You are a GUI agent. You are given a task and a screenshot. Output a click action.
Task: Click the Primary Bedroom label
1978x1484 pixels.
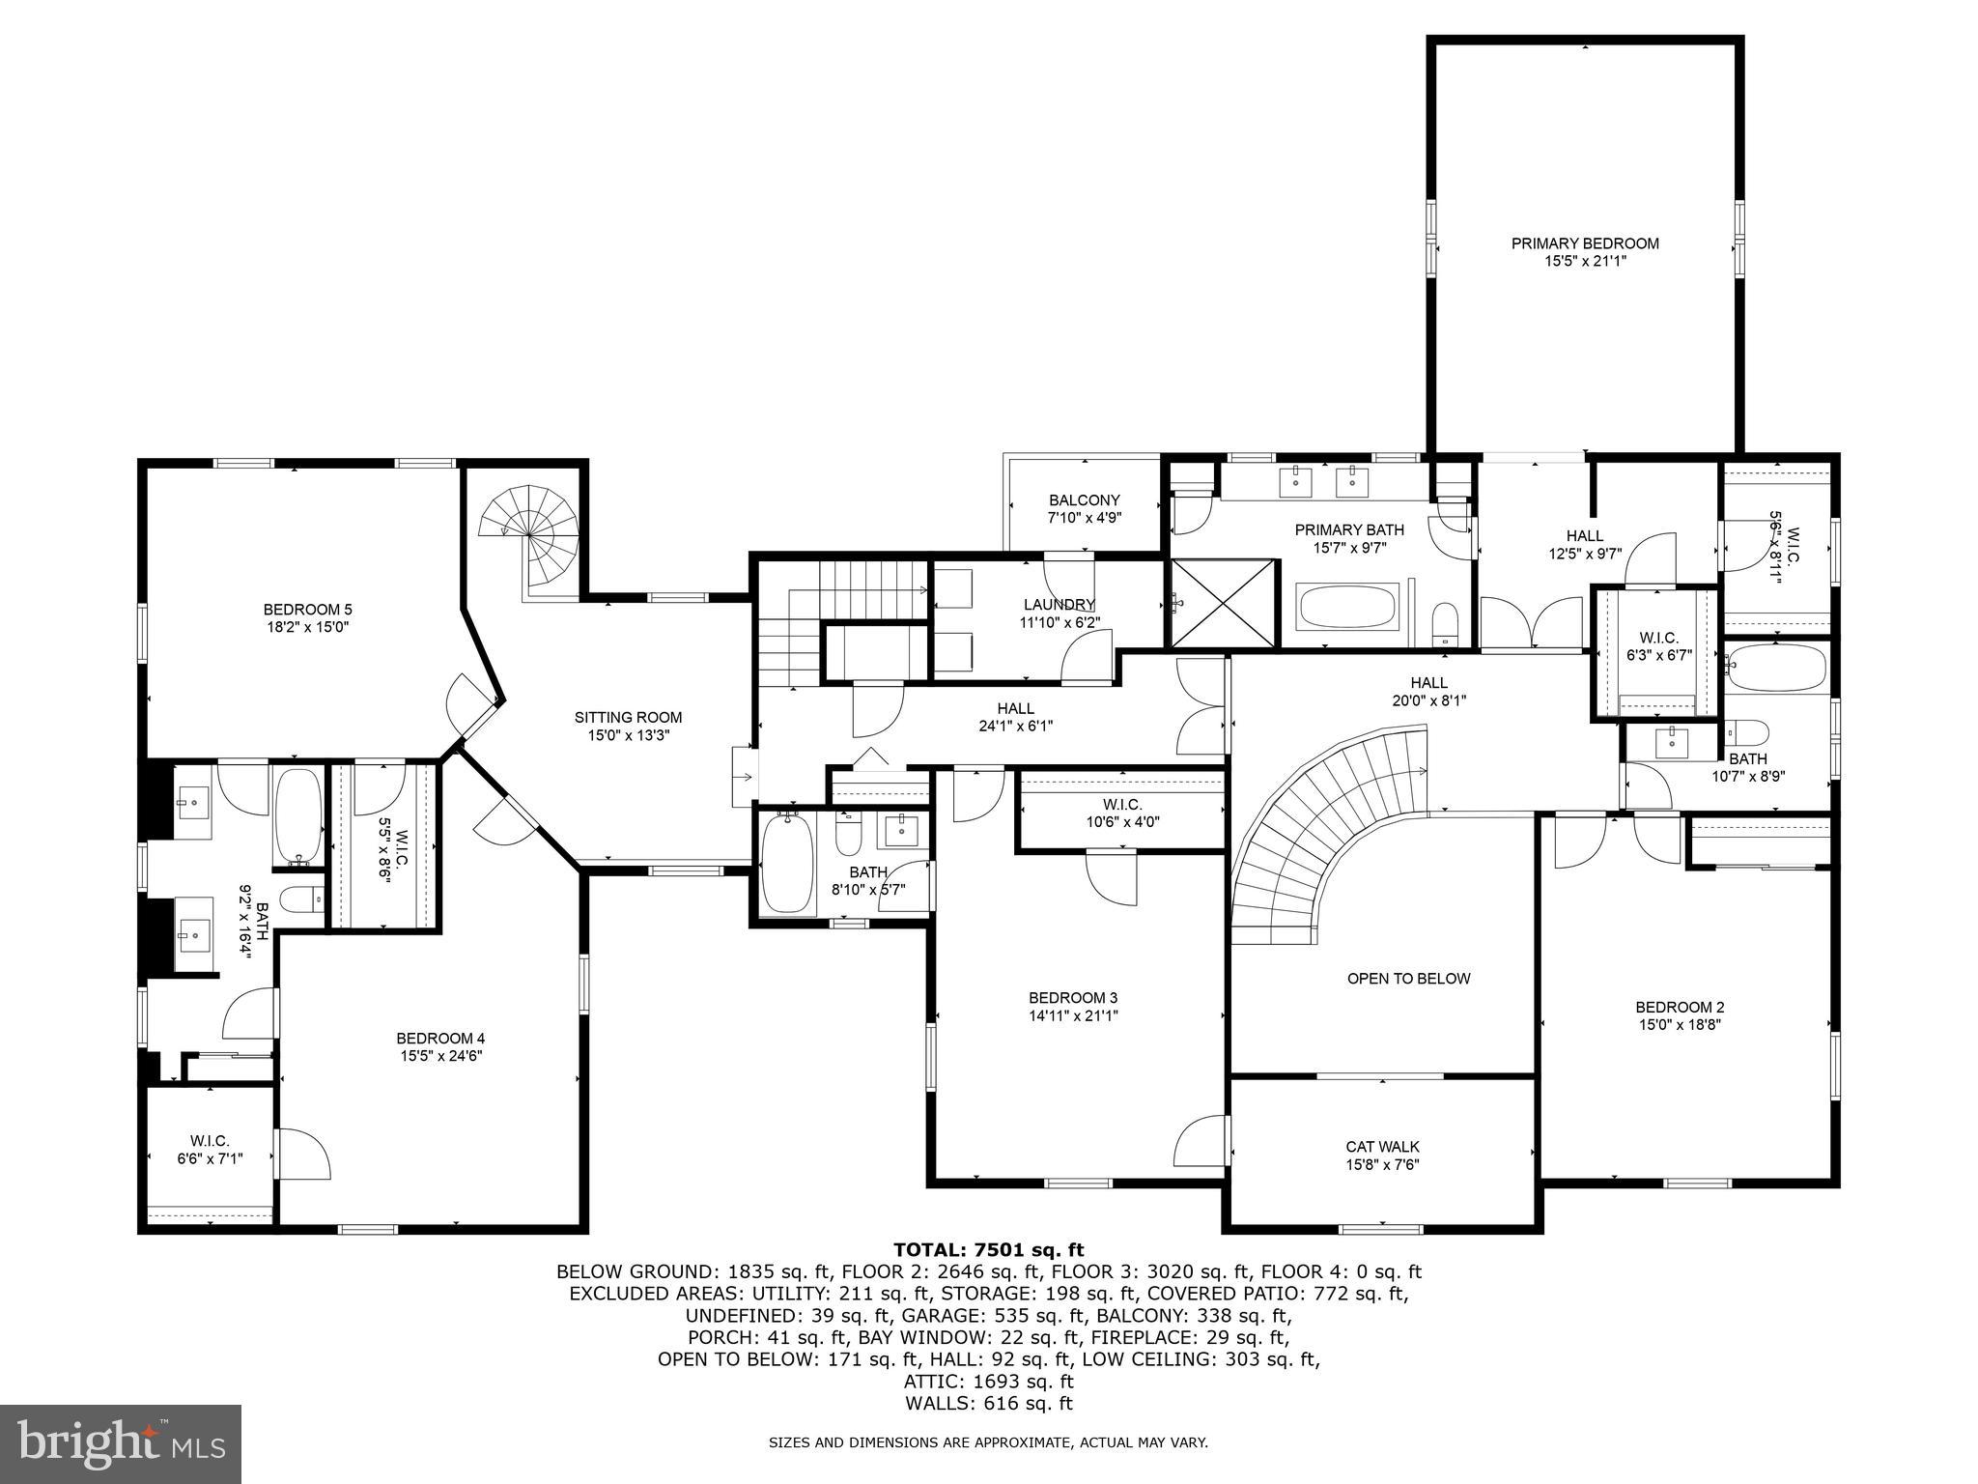pyautogui.click(x=1585, y=243)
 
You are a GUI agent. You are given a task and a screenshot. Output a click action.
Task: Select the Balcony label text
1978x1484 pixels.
pyautogui.click(x=1084, y=499)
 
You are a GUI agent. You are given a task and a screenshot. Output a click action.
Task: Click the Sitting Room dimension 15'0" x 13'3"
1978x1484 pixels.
pyautogui.click(x=629, y=734)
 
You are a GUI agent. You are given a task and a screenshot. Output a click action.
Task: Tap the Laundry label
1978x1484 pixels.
pyautogui.click(x=1060, y=605)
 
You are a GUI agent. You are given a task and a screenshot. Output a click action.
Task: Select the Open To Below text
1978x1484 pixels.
pyautogui.click(x=1408, y=979)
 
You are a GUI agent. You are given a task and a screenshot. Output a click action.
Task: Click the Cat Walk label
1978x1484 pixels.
pyautogui.click(x=1382, y=1147)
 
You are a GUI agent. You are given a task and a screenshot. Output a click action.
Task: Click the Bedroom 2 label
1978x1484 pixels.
pyautogui.click(x=1680, y=1007)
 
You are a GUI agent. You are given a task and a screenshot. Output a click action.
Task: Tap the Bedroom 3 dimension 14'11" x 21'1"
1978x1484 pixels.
pyautogui.click(x=1073, y=1015)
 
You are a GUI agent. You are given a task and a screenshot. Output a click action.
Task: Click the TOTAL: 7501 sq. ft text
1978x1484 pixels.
pyautogui.click(x=988, y=1250)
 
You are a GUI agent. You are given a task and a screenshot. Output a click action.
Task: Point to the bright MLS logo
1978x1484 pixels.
pyautogui.click(x=121, y=1444)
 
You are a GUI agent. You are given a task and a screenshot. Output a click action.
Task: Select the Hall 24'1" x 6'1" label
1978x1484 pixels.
pyautogui.click(x=1015, y=708)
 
